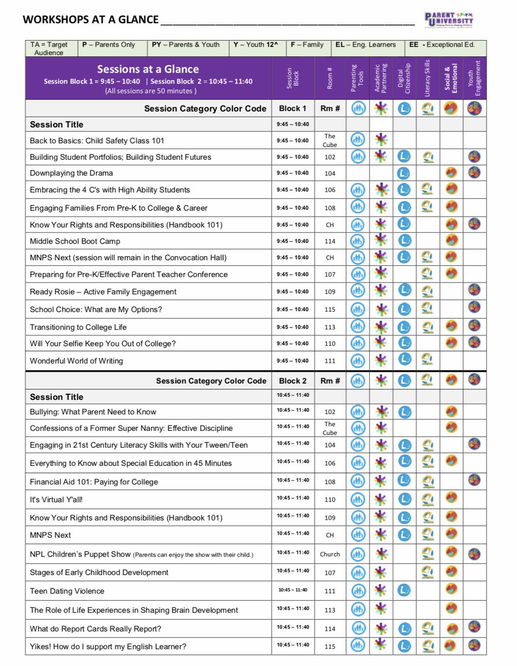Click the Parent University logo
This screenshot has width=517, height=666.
449,20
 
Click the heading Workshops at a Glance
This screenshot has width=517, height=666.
91,20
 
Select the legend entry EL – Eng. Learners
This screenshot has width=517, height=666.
365,45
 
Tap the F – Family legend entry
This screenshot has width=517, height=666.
307,45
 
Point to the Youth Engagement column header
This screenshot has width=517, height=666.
474,78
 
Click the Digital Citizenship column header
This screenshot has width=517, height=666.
404,78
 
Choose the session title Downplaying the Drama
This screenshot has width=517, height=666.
71,173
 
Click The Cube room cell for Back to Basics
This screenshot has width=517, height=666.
330,141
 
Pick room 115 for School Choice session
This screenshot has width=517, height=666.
330,309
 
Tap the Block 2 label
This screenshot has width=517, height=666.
292,381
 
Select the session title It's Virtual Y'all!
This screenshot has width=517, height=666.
56,499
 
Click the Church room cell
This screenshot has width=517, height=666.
330,554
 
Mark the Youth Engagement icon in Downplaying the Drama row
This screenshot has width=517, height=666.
474,172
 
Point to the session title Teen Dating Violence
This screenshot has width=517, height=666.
67,591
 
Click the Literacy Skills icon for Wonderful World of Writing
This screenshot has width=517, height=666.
427,359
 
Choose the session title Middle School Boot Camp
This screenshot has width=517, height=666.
75,241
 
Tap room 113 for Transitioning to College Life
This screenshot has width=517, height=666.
330,327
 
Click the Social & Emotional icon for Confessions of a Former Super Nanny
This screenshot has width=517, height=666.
451,427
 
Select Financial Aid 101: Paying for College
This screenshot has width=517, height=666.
94,482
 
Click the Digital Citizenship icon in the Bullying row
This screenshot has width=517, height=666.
404,412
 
